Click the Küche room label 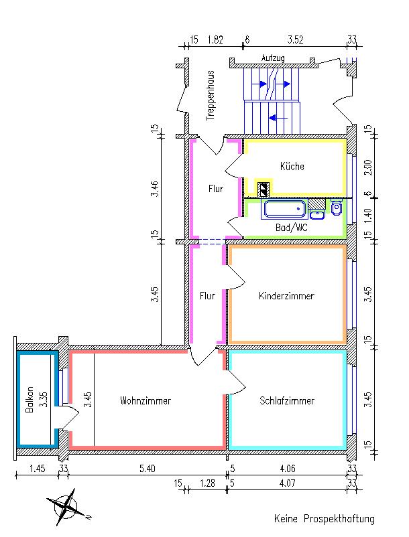tap(292, 167)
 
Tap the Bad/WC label tap(291, 228)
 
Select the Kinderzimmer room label tap(286, 295)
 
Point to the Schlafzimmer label tap(287, 401)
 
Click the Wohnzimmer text tap(145, 401)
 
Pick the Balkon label tap(30, 402)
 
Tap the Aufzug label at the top tap(273, 59)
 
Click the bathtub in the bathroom tap(285, 210)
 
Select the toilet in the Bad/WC tap(336, 209)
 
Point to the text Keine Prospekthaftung tap(324, 519)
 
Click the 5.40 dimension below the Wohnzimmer tap(145, 468)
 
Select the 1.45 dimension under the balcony tap(38, 468)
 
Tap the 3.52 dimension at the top tap(295, 40)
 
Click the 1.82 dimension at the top tap(215, 40)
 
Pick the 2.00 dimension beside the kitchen tap(367, 167)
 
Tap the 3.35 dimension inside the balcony tap(42, 401)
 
